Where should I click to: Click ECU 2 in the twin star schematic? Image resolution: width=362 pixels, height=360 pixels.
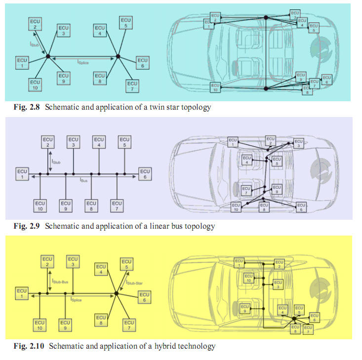[x=36, y=24]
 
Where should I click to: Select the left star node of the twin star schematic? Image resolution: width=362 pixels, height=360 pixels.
[x=48, y=57]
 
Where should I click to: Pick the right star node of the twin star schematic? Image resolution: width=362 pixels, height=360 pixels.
[x=118, y=57]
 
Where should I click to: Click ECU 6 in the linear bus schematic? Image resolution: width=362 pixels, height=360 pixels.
[x=145, y=174]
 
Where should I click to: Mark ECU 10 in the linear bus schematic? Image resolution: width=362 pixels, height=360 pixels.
[x=40, y=205]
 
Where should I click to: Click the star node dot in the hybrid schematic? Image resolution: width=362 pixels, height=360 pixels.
[x=116, y=293]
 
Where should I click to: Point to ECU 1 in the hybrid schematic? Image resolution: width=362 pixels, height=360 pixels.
[x=22, y=293]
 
